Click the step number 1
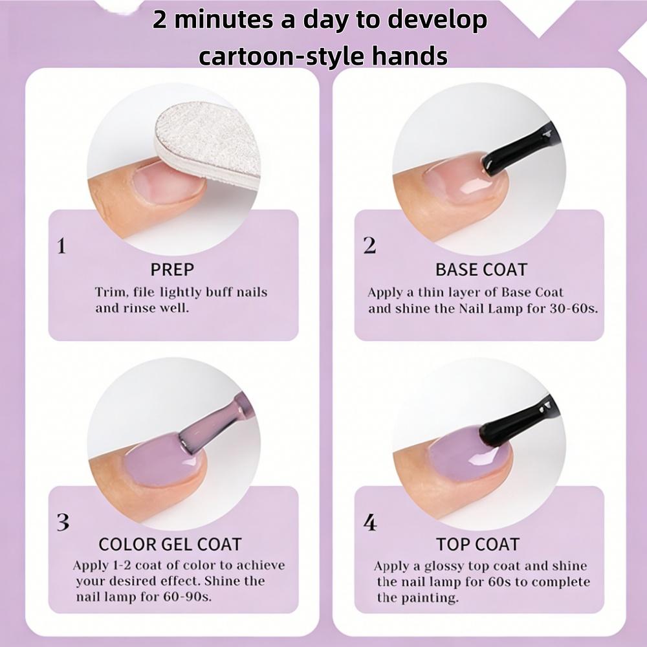[62, 247]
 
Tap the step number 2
[369, 247]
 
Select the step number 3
[63, 522]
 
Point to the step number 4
[370, 522]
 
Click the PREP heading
[172, 269]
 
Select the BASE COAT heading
[481, 269]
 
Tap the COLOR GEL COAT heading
[170, 544]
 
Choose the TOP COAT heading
[478, 544]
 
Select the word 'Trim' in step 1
[109, 292]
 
